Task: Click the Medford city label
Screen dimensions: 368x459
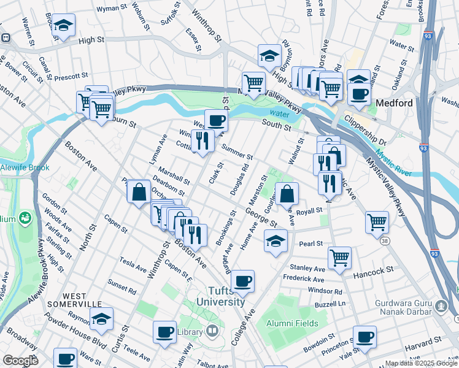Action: pos(394,103)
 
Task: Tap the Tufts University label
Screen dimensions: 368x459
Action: pos(220,296)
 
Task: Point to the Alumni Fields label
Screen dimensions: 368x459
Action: pos(291,323)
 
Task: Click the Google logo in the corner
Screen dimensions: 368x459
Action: pos(20,361)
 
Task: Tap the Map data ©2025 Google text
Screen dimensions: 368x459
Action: pos(420,363)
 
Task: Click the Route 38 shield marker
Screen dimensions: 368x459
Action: pos(385,242)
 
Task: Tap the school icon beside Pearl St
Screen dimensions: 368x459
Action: pos(276,241)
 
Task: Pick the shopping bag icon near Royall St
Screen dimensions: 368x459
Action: pos(287,194)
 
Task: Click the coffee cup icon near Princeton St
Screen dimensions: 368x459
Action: pos(364,337)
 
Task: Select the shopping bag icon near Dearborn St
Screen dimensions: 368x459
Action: pos(139,191)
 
